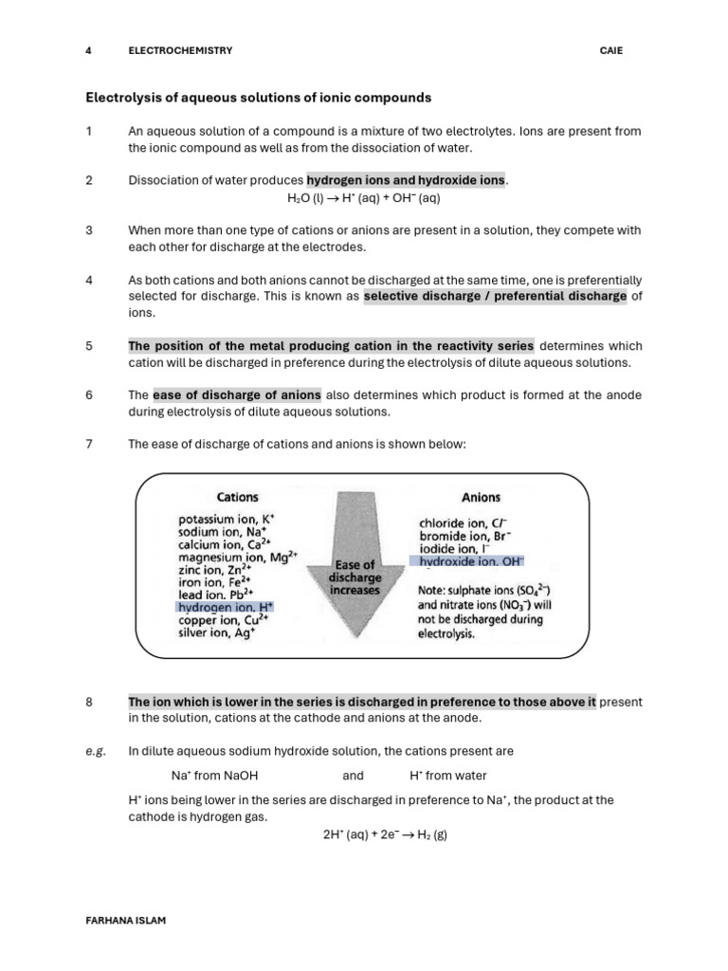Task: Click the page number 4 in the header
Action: click(88, 50)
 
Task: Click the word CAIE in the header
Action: click(611, 50)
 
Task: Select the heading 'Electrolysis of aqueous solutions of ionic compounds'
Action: click(259, 98)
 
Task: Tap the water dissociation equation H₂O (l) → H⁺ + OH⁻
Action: click(363, 198)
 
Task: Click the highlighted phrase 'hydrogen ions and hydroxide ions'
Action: click(406, 180)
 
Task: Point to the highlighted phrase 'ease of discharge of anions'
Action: click(236, 394)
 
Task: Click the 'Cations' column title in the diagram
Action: click(237, 497)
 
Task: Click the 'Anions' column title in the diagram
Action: click(481, 497)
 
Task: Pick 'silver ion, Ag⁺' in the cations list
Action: click(217, 633)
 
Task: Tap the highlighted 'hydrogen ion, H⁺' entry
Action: click(225, 606)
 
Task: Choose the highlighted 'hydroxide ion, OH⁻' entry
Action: click(465, 561)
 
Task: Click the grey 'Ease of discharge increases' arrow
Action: click(355, 578)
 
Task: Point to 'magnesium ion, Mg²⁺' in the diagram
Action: click(238, 559)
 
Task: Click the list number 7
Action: click(88, 444)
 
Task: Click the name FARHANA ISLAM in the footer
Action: click(126, 921)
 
